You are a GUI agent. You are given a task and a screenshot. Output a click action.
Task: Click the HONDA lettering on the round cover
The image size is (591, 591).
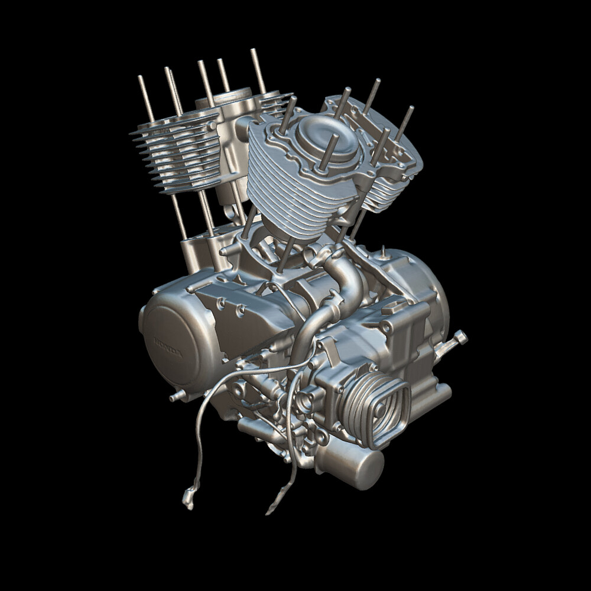[168, 349]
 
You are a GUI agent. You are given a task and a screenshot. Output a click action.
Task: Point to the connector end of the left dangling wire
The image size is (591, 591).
[189, 499]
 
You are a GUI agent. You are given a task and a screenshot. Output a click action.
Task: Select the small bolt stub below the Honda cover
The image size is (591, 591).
[175, 397]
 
